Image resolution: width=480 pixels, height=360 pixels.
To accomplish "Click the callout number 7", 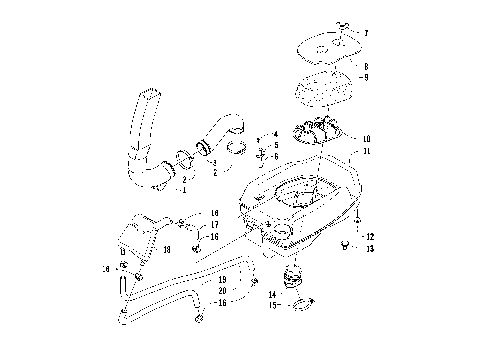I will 365,34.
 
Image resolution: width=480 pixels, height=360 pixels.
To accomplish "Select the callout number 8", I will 365,64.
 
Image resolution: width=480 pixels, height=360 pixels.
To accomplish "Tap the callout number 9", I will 365,77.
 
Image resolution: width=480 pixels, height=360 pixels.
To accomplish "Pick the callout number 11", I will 366,151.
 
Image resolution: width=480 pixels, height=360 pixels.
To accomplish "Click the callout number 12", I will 370,237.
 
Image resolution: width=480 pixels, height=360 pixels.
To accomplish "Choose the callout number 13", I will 370,249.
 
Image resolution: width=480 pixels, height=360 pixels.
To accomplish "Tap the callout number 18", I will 166,248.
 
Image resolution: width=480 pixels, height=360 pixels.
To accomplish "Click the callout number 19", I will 222,279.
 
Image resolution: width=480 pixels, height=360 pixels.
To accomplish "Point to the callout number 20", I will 222,290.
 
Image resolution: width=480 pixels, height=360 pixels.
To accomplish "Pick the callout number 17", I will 214,225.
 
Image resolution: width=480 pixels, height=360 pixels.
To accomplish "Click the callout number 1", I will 183,188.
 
